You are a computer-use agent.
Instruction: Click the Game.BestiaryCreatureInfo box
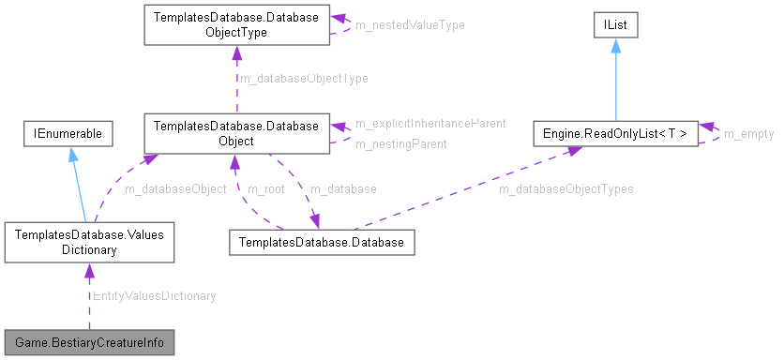89,341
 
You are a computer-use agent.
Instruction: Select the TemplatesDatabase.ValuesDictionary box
89,243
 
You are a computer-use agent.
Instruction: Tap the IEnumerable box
68,134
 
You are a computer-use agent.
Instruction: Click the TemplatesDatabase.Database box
321,243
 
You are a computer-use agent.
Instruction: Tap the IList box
615,25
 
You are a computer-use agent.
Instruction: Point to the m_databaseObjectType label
304,79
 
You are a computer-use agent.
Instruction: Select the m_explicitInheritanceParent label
430,123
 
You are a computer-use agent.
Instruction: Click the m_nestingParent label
400,143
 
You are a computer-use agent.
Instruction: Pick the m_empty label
748,134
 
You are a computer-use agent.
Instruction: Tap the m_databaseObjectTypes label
565,188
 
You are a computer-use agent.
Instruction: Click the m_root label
266,188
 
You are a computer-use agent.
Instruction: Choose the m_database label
343,188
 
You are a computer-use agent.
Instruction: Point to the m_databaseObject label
175,188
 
